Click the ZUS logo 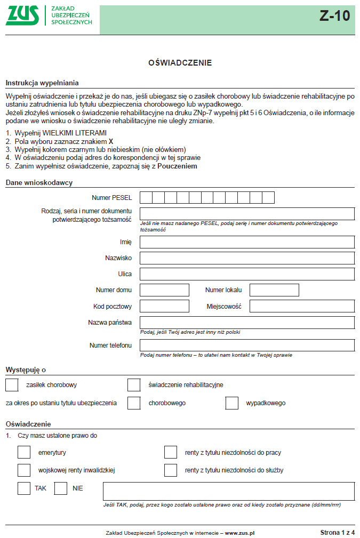(x=22, y=15)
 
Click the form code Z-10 (x=334, y=16)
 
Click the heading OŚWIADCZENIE (x=180, y=63)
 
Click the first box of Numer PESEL (x=146, y=198)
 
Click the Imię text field (x=247, y=242)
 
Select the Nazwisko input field (x=247, y=258)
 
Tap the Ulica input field (x=247, y=274)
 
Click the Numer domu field (x=164, y=290)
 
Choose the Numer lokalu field (x=274, y=290)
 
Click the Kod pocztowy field (x=164, y=306)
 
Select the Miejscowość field (x=302, y=306)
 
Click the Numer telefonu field (x=247, y=345)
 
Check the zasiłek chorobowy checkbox (x=12, y=384)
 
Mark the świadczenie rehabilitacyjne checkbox (x=134, y=384)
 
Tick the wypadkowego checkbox (x=232, y=403)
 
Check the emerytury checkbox (x=24, y=452)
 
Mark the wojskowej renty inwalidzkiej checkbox (x=24, y=470)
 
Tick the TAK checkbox (x=24, y=488)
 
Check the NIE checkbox (x=61, y=488)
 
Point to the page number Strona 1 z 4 (x=337, y=532)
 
